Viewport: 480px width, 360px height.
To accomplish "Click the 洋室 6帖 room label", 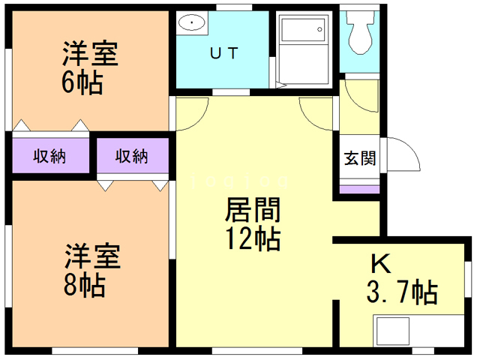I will pos(82,67).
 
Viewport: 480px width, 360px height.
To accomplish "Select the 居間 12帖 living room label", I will pos(252,224).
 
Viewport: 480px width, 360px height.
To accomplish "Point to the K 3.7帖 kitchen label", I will pos(402,278).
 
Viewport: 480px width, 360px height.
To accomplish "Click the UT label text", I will pos(223,52).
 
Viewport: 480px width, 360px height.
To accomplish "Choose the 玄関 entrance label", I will pos(359,158).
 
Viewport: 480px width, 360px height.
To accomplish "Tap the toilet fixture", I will pos(359,34).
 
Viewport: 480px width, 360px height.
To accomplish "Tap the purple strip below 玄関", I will pos(359,187).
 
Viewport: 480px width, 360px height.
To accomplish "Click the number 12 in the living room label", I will pos(240,239).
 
